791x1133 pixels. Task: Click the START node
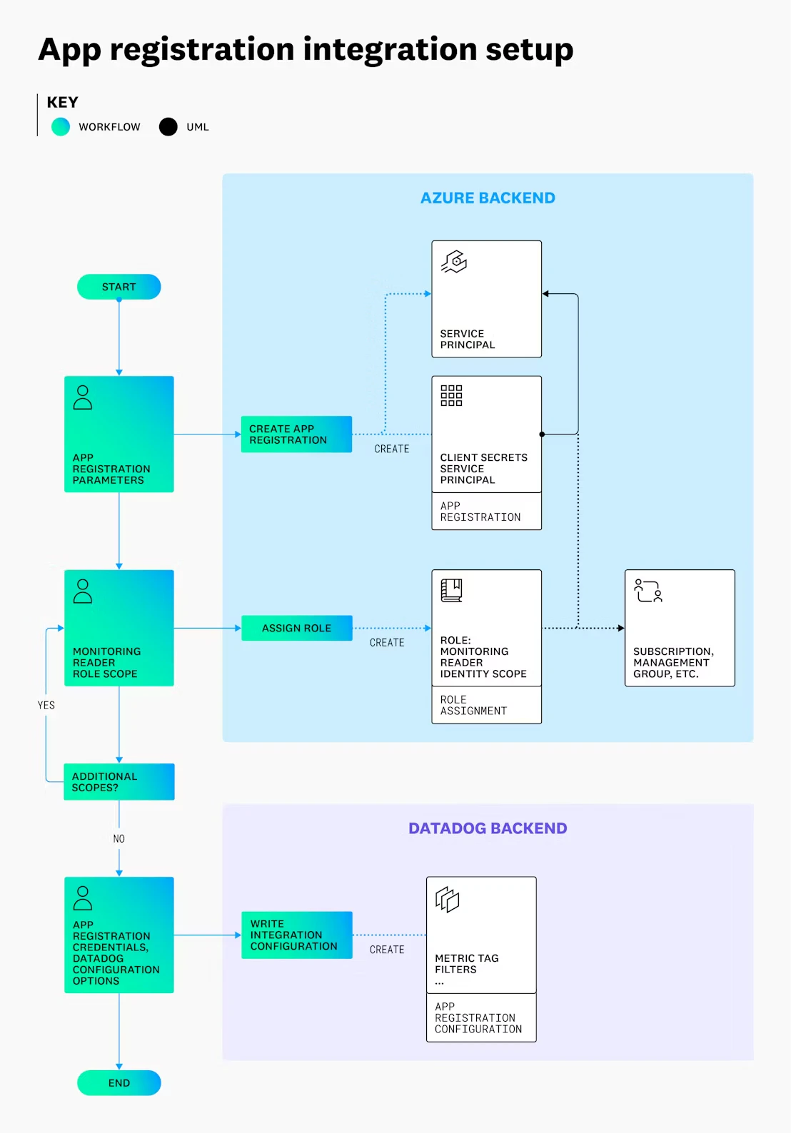pos(119,287)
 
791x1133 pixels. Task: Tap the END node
pos(119,1083)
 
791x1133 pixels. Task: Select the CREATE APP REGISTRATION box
pos(296,434)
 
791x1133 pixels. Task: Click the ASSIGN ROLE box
pos(296,628)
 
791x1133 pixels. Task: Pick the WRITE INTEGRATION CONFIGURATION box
pos(296,935)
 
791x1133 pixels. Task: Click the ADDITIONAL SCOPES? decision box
pos(119,782)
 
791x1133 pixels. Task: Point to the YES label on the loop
pos(46,705)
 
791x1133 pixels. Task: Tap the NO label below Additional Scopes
pos(119,838)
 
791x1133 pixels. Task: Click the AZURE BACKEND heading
pos(488,198)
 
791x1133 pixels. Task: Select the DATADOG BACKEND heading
pos(488,828)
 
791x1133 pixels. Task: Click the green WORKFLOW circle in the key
pos(61,126)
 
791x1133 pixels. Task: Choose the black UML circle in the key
pos(168,126)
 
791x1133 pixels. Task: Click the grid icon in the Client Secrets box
pos(451,395)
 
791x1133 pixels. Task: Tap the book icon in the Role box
pos(451,590)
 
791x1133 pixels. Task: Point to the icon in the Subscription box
pos(648,591)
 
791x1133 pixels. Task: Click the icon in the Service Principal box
pos(454,262)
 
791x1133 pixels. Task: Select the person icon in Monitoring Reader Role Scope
pos(83,591)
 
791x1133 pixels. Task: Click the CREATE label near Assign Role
pos(387,642)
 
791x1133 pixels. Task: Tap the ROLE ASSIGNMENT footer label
pos(473,705)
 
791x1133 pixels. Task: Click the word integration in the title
pos(391,49)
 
